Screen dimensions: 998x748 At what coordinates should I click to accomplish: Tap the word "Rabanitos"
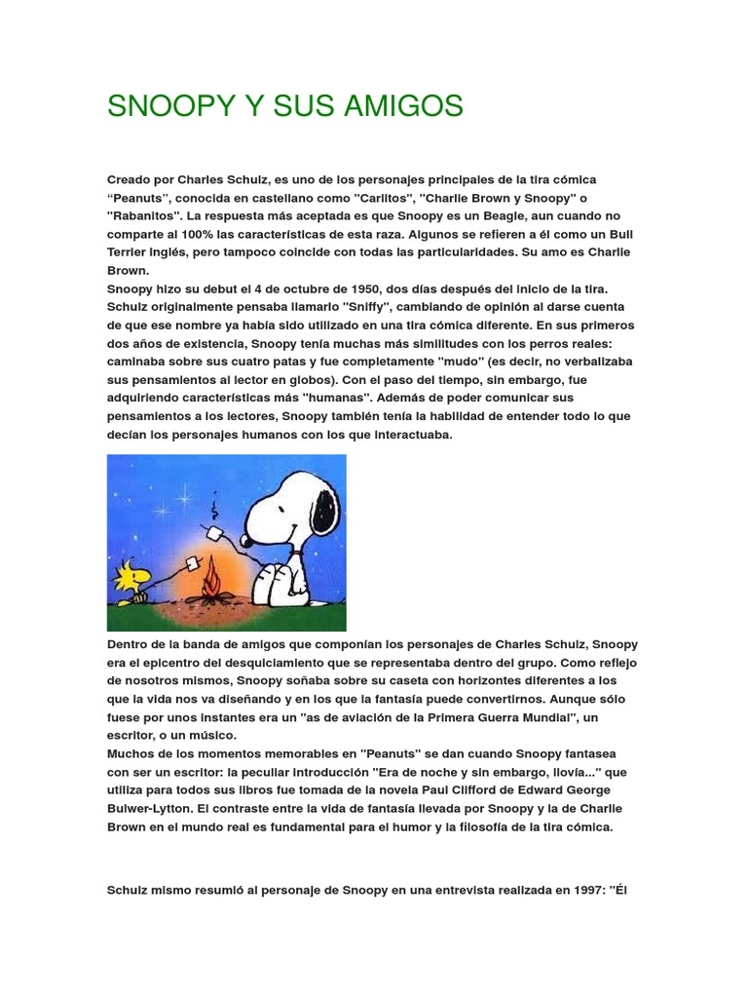[144, 215]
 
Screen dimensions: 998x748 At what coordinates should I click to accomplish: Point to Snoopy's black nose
[249, 537]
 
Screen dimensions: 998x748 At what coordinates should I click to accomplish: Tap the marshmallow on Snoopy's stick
[214, 533]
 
